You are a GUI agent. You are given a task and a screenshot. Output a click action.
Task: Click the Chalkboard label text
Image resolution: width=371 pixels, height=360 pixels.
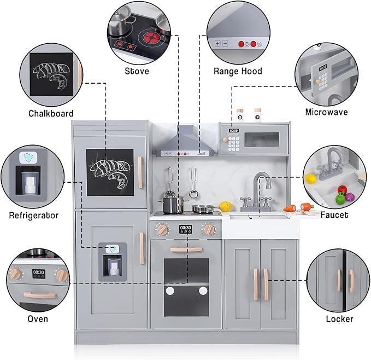click(51, 114)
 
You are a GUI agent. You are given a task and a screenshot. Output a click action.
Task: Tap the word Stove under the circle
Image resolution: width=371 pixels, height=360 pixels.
click(137, 71)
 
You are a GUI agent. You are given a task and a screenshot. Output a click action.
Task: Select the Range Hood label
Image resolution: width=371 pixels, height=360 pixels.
click(238, 71)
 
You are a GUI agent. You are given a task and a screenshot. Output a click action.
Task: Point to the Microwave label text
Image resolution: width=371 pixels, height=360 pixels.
click(327, 112)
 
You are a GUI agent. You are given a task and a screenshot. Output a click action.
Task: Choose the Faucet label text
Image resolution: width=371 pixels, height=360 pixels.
click(334, 215)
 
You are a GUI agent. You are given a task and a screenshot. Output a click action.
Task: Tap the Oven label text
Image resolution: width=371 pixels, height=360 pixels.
click(38, 318)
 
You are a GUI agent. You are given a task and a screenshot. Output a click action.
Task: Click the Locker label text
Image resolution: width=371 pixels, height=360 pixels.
click(339, 318)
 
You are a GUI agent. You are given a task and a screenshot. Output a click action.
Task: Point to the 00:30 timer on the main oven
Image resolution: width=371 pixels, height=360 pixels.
click(186, 228)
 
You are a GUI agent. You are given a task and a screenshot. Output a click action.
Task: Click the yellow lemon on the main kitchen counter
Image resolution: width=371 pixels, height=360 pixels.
click(225, 206)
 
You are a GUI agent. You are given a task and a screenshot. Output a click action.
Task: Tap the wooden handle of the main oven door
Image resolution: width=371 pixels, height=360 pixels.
click(186, 249)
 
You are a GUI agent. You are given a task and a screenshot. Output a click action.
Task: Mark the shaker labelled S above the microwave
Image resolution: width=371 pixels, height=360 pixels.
click(239, 116)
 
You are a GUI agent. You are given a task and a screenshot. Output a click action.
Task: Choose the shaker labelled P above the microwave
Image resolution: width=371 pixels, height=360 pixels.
click(257, 116)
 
